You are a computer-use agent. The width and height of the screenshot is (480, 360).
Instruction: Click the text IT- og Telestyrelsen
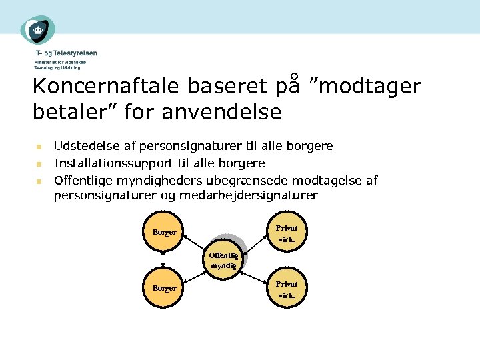(x=65, y=53)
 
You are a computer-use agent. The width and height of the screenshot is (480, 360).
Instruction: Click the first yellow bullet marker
(x=39, y=146)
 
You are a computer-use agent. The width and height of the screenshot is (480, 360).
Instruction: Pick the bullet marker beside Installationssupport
(x=39, y=163)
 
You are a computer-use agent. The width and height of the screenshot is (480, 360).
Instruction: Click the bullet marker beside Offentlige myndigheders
(x=39, y=181)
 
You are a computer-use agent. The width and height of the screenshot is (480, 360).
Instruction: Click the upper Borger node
(x=164, y=232)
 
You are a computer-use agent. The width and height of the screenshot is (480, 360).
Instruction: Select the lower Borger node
(x=164, y=288)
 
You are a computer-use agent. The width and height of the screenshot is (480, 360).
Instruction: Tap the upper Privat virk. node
(x=287, y=232)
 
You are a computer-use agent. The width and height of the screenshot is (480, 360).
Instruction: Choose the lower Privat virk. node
(x=287, y=289)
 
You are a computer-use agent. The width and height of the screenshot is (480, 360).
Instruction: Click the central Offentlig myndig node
(x=223, y=259)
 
